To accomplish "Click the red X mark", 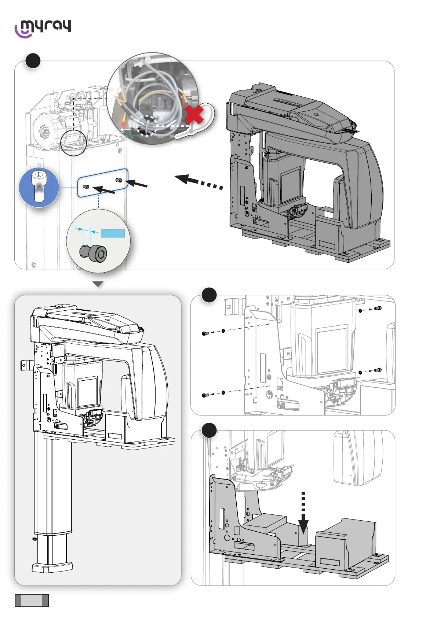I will point(194,115).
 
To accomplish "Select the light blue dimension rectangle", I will point(113,233).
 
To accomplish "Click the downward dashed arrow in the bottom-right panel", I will point(303,513).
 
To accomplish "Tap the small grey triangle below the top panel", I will point(98,284).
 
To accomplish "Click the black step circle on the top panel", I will point(33,61).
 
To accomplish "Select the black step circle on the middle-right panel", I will point(209,295).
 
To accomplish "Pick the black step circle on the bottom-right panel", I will point(209,431).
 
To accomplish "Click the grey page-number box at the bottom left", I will point(32,600).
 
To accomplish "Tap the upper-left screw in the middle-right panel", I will point(205,333).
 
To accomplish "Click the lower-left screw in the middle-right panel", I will point(205,395).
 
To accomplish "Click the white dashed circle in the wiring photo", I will point(147,126).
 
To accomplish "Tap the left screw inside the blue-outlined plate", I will point(86,187).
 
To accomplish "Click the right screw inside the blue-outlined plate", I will point(118,180).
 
